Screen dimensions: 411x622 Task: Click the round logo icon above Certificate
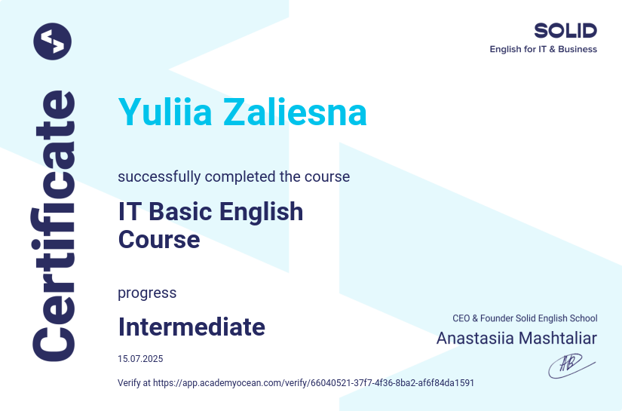pyautogui.click(x=52, y=41)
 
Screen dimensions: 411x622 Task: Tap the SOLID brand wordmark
pyautogui.click(x=565, y=30)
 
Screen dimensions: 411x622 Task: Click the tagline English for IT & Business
pyautogui.click(x=543, y=49)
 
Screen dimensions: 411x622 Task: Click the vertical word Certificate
pyautogui.click(x=54, y=226)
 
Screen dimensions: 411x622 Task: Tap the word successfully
pyautogui.click(x=159, y=177)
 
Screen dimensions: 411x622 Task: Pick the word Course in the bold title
pyautogui.click(x=159, y=239)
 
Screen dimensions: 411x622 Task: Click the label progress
pyautogui.click(x=147, y=293)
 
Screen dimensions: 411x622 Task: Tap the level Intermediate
pyautogui.click(x=192, y=327)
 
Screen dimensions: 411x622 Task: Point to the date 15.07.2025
pyautogui.click(x=140, y=359)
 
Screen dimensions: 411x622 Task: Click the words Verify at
pyautogui.click(x=134, y=383)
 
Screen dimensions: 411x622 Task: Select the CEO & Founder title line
pyautogui.click(x=525, y=318)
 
